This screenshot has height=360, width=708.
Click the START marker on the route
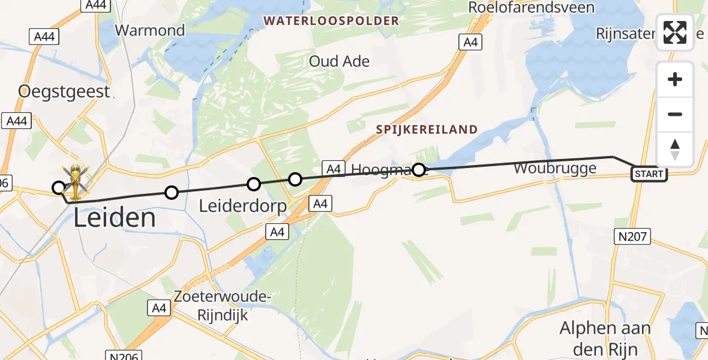coord(649,174)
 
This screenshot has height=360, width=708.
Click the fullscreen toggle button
coord(675,32)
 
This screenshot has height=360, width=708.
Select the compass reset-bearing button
coord(675,149)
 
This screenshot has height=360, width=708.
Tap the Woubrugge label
coord(555,167)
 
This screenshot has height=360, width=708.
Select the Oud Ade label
coord(339,61)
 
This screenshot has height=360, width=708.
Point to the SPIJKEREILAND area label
coord(427,130)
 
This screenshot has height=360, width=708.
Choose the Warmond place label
coord(150,30)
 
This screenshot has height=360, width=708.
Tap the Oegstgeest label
coord(64,92)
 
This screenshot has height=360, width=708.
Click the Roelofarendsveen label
coord(531,8)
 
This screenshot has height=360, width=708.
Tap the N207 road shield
coord(633,236)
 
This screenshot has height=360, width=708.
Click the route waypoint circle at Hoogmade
coord(419,170)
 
